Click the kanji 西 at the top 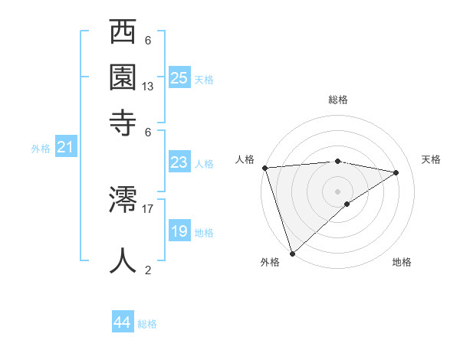(x=123, y=35)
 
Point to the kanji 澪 (x=123, y=201)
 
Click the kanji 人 (x=123, y=260)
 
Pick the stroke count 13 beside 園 (x=148, y=87)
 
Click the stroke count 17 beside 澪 (x=148, y=208)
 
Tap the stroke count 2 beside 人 (x=148, y=269)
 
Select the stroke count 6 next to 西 (x=148, y=40)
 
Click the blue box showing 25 (x=179, y=77)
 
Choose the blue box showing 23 (x=179, y=162)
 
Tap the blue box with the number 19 (x=179, y=231)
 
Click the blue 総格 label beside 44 (x=147, y=324)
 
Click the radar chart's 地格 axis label (x=402, y=262)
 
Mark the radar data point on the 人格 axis (x=264, y=168)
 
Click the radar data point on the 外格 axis (x=292, y=253)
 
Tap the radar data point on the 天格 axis (x=396, y=172)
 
